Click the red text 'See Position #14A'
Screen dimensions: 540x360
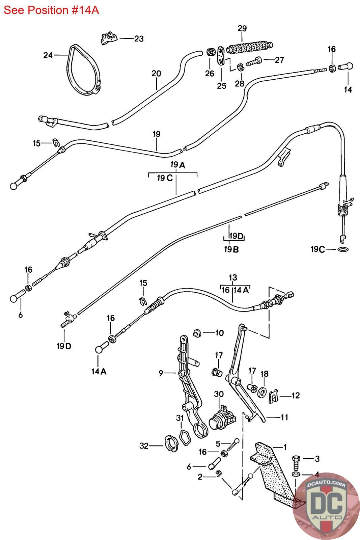coord(51,10)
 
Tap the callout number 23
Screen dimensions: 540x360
coord(139,39)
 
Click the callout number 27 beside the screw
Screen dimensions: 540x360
coord(279,60)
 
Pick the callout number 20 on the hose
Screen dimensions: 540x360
coord(156,73)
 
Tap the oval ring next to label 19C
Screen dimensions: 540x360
coord(343,249)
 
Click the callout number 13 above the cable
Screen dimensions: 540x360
coord(233,278)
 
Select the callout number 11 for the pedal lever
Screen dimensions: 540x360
coord(284,417)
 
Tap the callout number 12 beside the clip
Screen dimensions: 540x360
coord(295,395)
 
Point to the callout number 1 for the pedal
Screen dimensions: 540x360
coord(285,447)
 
